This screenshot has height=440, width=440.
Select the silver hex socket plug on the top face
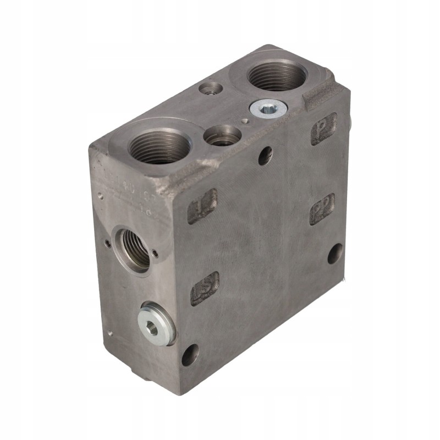click(x=267, y=109)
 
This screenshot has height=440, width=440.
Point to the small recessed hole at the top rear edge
click(x=211, y=88)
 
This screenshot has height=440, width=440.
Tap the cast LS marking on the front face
click(x=204, y=288)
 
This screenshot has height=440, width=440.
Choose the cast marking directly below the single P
click(x=322, y=208)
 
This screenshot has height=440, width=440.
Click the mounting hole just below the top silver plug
click(x=265, y=156)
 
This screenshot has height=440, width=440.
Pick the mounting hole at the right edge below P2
click(x=335, y=254)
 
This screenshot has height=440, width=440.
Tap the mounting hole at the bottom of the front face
click(x=190, y=355)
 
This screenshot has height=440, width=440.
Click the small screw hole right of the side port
click(x=156, y=254)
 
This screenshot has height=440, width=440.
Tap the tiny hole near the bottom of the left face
click(x=110, y=332)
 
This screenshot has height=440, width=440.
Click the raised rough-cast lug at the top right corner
click(x=321, y=94)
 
